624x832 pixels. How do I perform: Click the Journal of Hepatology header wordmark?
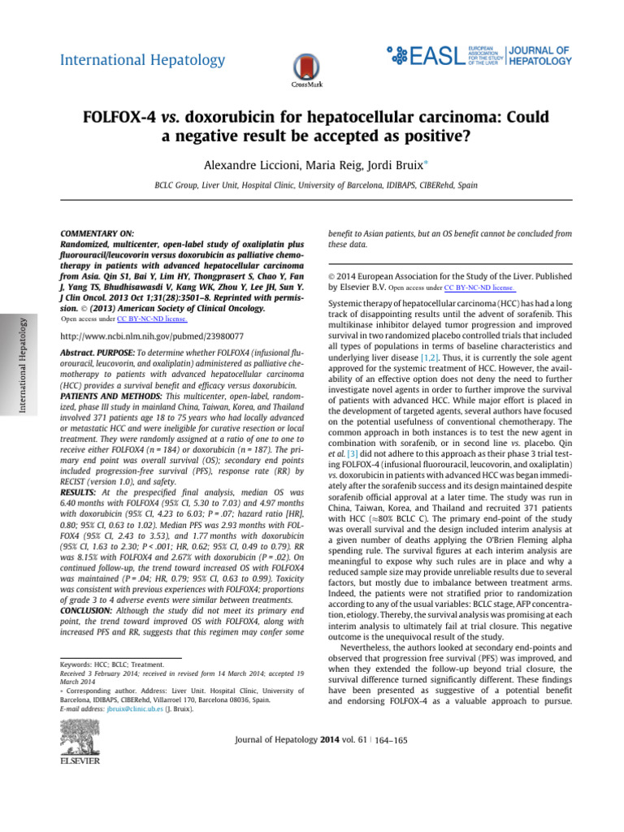click(541, 54)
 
